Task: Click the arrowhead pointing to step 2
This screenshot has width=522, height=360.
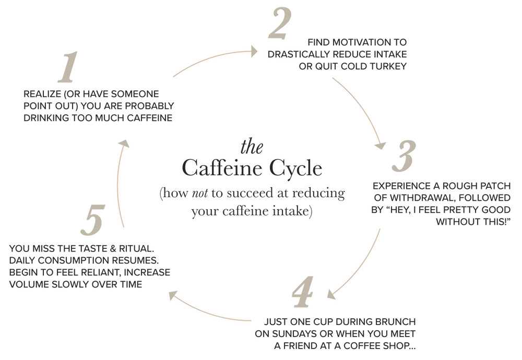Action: [x=255, y=51]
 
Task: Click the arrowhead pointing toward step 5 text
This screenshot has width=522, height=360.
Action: [x=172, y=296]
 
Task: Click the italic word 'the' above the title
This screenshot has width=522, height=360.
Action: [x=252, y=148]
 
